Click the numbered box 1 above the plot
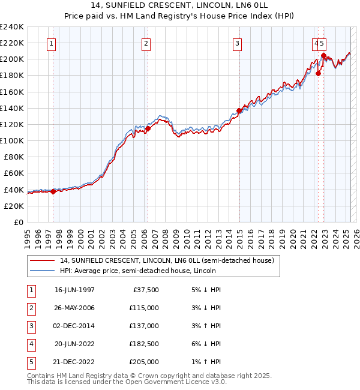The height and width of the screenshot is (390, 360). tap(51, 43)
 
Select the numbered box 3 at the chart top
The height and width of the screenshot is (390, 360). tap(238, 43)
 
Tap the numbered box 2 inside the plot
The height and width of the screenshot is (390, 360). tap(146, 43)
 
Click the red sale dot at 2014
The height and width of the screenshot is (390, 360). tap(239, 110)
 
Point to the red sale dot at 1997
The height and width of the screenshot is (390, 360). tap(53, 191)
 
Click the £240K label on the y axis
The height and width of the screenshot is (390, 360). tap(12, 27)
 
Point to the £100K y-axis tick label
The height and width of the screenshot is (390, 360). tap(12, 140)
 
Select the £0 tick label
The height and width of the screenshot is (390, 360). tap(18, 222)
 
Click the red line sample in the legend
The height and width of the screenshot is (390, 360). tap(42, 260)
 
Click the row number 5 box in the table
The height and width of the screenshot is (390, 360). tap(29, 362)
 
